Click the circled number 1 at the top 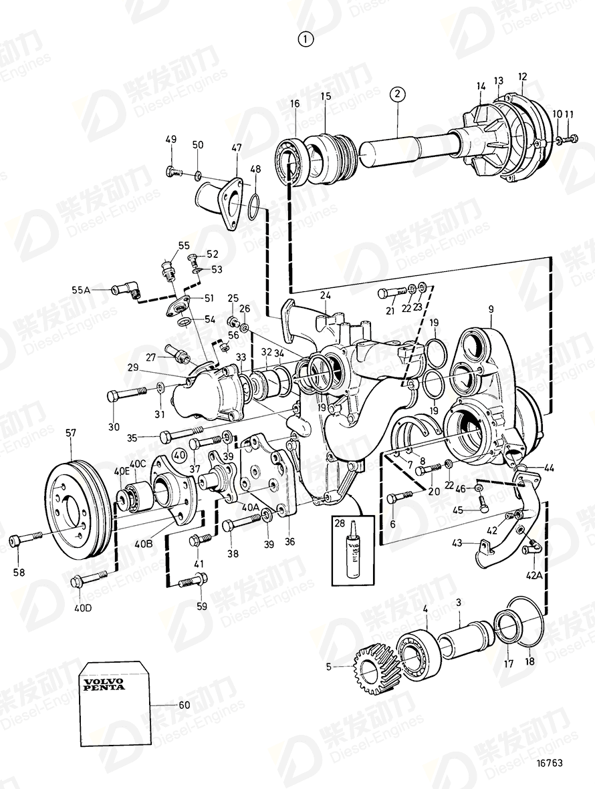pos(306,39)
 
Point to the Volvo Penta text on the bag pos(104,684)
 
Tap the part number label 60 pos(184,705)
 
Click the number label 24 pos(325,295)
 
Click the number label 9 pos(491,309)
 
